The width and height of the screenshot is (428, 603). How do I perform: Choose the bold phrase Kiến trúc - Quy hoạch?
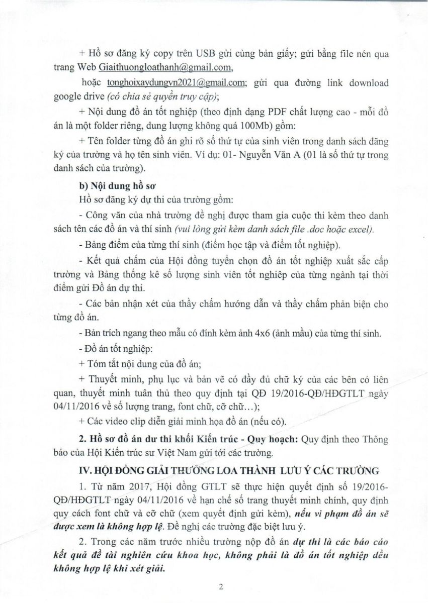click(x=251, y=439)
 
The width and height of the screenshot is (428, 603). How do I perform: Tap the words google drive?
click(x=77, y=97)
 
